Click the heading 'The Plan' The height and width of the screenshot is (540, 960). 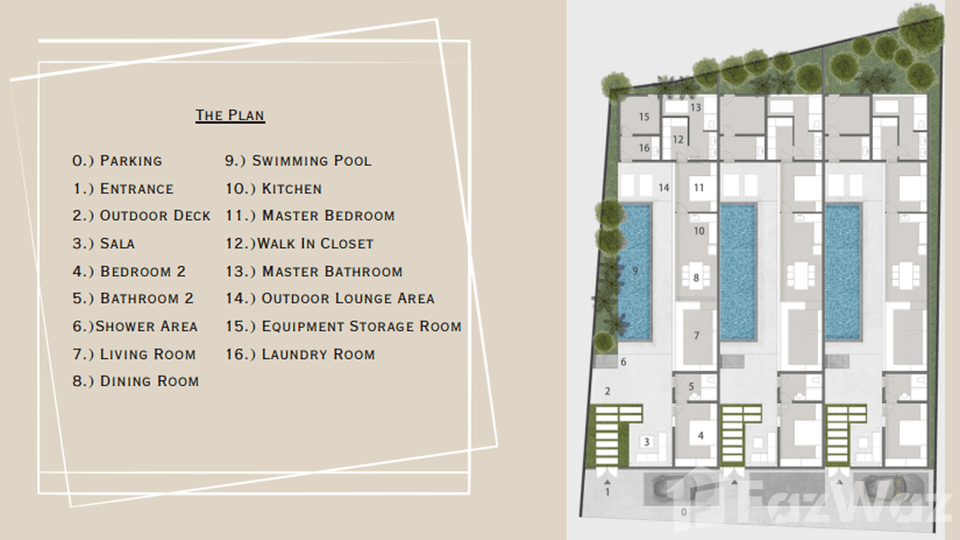[x=230, y=115]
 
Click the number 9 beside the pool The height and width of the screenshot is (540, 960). [x=635, y=271]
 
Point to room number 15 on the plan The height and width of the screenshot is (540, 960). [x=644, y=117]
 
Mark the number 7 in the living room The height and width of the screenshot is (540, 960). [x=697, y=335]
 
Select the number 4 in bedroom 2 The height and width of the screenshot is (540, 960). [x=701, y=435]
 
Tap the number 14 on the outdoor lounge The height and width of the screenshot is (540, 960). [x=664, y=188]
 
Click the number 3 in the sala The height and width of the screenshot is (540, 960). [x=647, y=441]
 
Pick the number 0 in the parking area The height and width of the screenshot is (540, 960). [x=684, y=511]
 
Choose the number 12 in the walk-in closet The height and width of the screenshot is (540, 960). [x=678, y=140]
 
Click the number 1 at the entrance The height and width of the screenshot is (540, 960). [x=607, y=492]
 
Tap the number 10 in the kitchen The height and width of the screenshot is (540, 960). [x=700, y=231]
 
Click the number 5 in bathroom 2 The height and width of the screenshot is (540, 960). [x=691, y=387]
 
